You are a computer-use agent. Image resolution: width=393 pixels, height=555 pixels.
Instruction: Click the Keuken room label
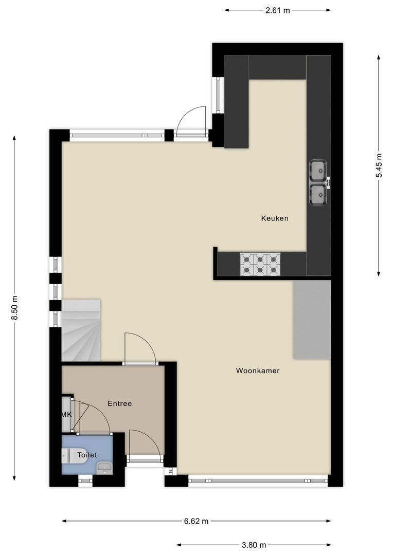[x=275, y=218]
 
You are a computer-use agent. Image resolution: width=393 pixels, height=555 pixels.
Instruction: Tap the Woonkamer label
[x=258, y=371]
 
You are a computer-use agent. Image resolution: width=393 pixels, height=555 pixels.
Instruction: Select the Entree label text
[x=120, y=403]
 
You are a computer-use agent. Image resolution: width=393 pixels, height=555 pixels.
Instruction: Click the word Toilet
[x=87, y=455]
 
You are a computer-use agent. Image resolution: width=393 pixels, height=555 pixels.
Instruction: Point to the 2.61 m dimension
[x=277, y=10]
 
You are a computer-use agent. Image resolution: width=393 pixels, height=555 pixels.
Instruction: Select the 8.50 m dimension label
[x=14, y=308]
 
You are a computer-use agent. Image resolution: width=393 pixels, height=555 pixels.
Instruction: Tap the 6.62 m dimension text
[x=196, y=521]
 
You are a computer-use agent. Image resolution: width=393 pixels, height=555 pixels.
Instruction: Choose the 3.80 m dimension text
[x=254, y=545]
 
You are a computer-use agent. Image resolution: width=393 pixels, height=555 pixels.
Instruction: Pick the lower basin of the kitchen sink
[x=318, y=195]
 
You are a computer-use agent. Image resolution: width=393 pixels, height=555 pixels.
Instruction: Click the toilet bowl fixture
[x=67, y=456]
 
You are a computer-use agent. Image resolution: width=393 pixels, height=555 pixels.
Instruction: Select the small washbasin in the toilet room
[x=104, y=468]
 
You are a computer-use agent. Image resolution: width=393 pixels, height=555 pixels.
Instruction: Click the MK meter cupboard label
[x=66, y=415]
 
